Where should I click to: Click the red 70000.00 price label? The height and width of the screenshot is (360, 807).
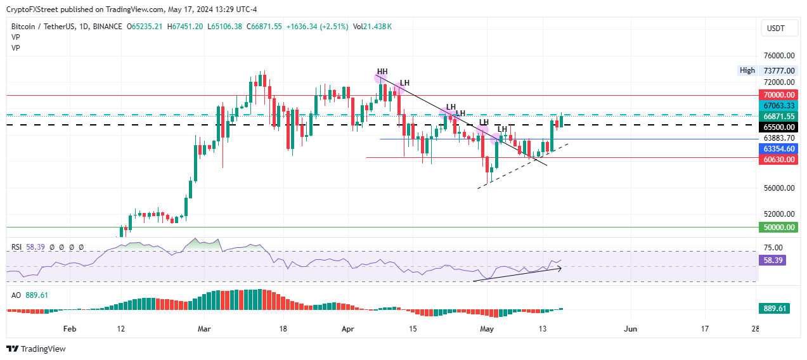(777, 94)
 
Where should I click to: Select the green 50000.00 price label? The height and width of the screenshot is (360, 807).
(777, 227)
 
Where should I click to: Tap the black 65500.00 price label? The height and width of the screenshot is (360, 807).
(777, 126)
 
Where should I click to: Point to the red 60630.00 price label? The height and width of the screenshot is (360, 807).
(777, 159)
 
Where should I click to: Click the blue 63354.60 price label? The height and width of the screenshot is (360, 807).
(777, 148)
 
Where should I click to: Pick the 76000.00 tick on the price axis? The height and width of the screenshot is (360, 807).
(777, 56)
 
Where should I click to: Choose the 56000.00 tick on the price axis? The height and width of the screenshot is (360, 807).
(777, 188)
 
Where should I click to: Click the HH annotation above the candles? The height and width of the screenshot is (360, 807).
(382, 72)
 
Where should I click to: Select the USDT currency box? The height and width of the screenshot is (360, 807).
(775, 28)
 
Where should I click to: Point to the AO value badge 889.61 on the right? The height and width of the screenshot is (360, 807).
(773, 309)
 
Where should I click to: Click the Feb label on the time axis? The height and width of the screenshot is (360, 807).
(70, 329)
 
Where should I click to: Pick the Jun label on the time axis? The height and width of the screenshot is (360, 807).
(630, 329)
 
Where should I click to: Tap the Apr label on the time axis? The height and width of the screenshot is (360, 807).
(347, 329)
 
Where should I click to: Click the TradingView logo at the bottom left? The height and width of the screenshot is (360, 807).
(36, 349)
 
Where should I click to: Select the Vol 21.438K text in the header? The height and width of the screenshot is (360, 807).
(372, 27)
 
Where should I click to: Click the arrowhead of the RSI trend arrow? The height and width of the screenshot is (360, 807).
(559, 268)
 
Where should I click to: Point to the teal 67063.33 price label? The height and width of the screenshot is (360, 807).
(777, 105)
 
